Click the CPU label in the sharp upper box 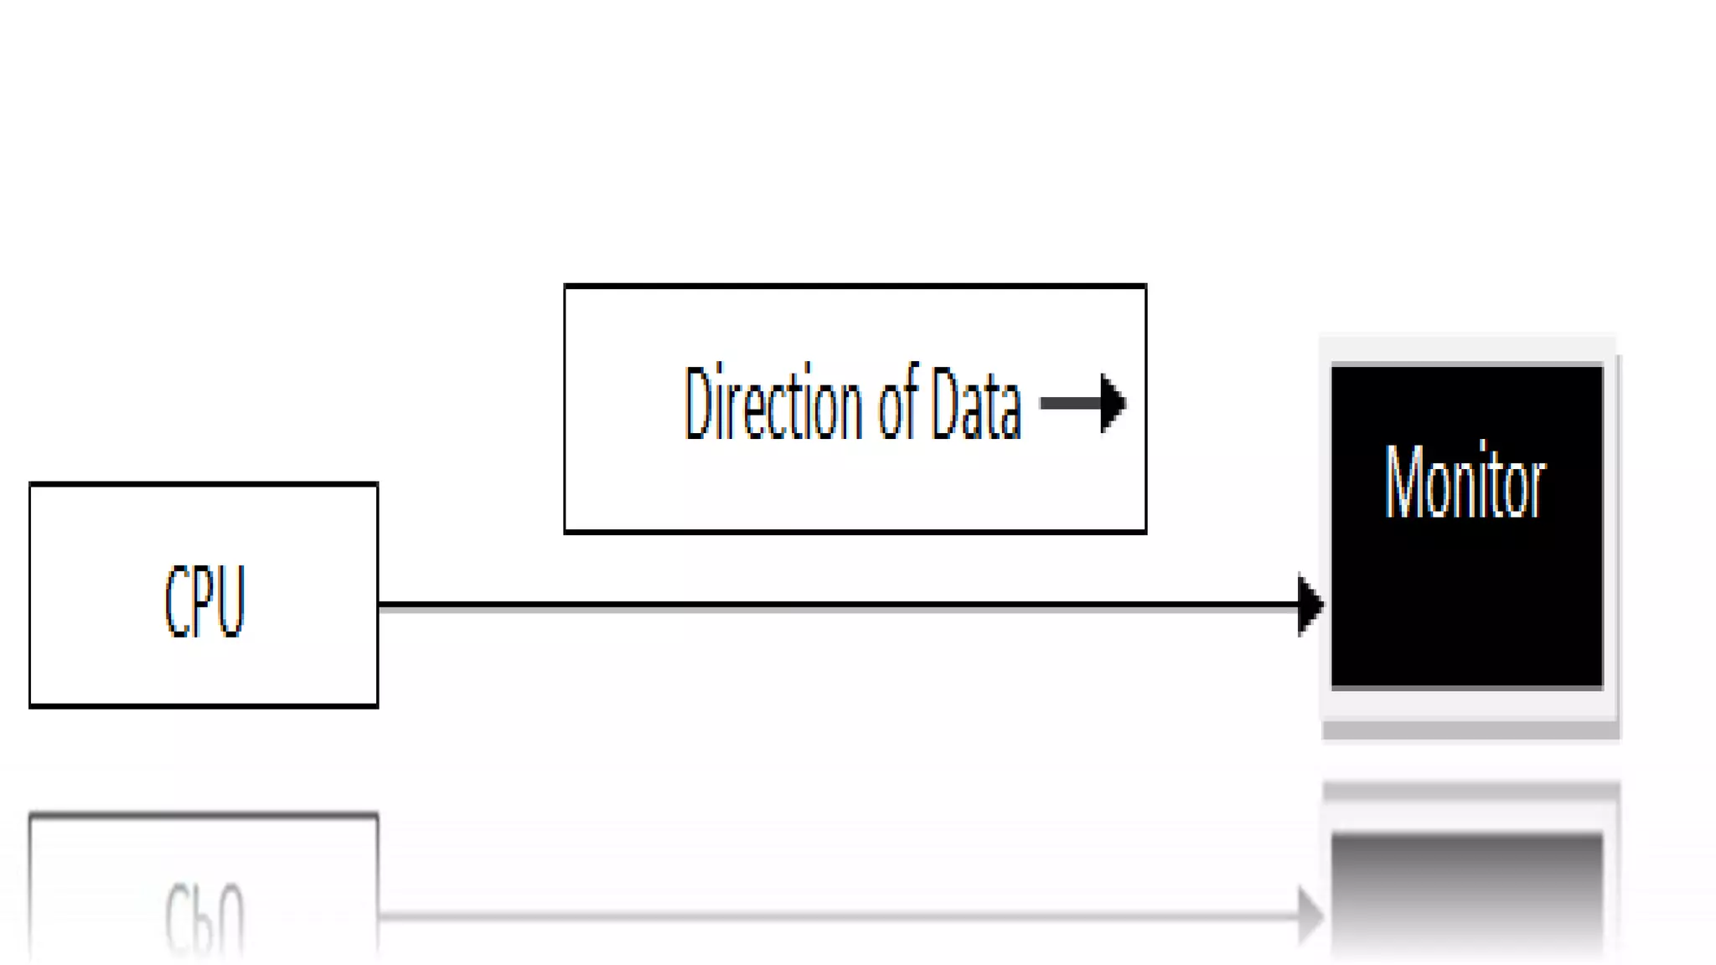(x=204, y=600)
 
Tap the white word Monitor (x=1465, y=483)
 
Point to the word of (x=898, y=404)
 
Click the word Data (x=977, y=404)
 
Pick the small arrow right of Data (x=1083, y=404)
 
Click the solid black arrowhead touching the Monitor (x=1310, y=604)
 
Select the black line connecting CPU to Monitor (x=838, y=604)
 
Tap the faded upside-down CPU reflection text (x=204, y=916)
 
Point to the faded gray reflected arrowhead (x=1310, y=916)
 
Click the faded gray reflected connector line (x=838, y=916)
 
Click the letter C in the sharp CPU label (x=176, y=601)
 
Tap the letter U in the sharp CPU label (x=232, y=601)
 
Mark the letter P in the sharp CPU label (x=204, y=601)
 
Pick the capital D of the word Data (x=944, y=404)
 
